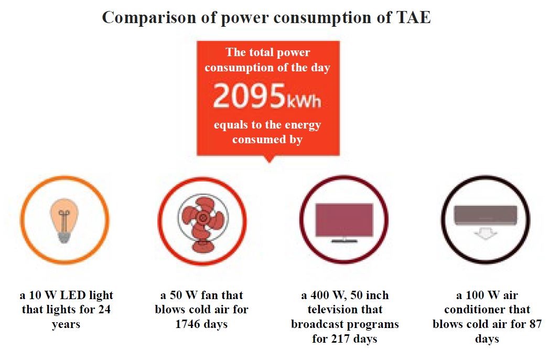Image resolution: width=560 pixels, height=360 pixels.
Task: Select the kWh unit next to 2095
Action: [303, 100]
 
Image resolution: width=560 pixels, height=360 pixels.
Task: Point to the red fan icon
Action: [202, 220]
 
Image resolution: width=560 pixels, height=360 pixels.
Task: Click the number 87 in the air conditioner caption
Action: [534, 324]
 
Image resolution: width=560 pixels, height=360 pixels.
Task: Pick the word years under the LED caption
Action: [66, 324]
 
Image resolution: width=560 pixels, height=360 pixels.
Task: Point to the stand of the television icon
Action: [344, 240]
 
